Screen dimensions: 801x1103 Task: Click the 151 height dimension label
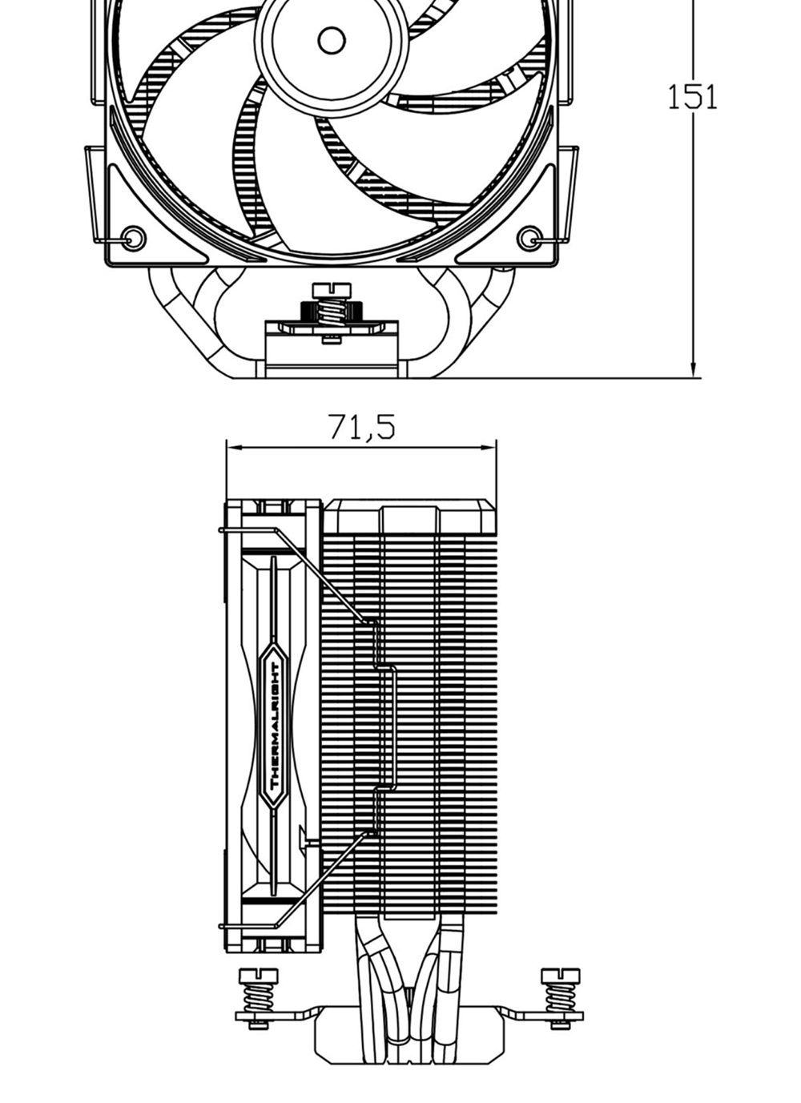(x=692, y=96)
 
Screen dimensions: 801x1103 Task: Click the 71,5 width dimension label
(x=361, y=426)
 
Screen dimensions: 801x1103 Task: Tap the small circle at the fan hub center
(x=332, y=40)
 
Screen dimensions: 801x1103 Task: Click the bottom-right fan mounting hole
(x=529, y=239)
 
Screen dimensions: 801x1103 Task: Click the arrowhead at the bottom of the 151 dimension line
(x=693, y=369)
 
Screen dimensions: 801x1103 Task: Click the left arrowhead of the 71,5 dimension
(x=235, y=448)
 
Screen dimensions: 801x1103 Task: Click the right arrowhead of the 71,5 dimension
(x=487, y=448)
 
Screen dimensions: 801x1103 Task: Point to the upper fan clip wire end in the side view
(x=221, y=529)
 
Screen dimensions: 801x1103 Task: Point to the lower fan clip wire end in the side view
(x=221, y=926)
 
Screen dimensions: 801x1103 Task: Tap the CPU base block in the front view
(x=332, y=349)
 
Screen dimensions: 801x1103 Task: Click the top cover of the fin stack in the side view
(x=409, y=516)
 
